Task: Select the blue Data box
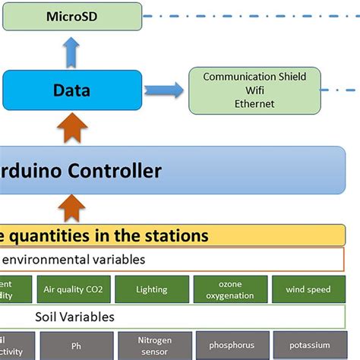pos(71,90)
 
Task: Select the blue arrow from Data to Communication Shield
pos(165,90)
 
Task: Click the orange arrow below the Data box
pos(71,126)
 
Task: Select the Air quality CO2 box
pos(88,289)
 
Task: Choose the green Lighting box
pos(152,289)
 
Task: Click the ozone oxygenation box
pos(230,289)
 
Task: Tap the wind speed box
pos(308,289)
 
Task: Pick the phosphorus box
pos(230,346)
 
